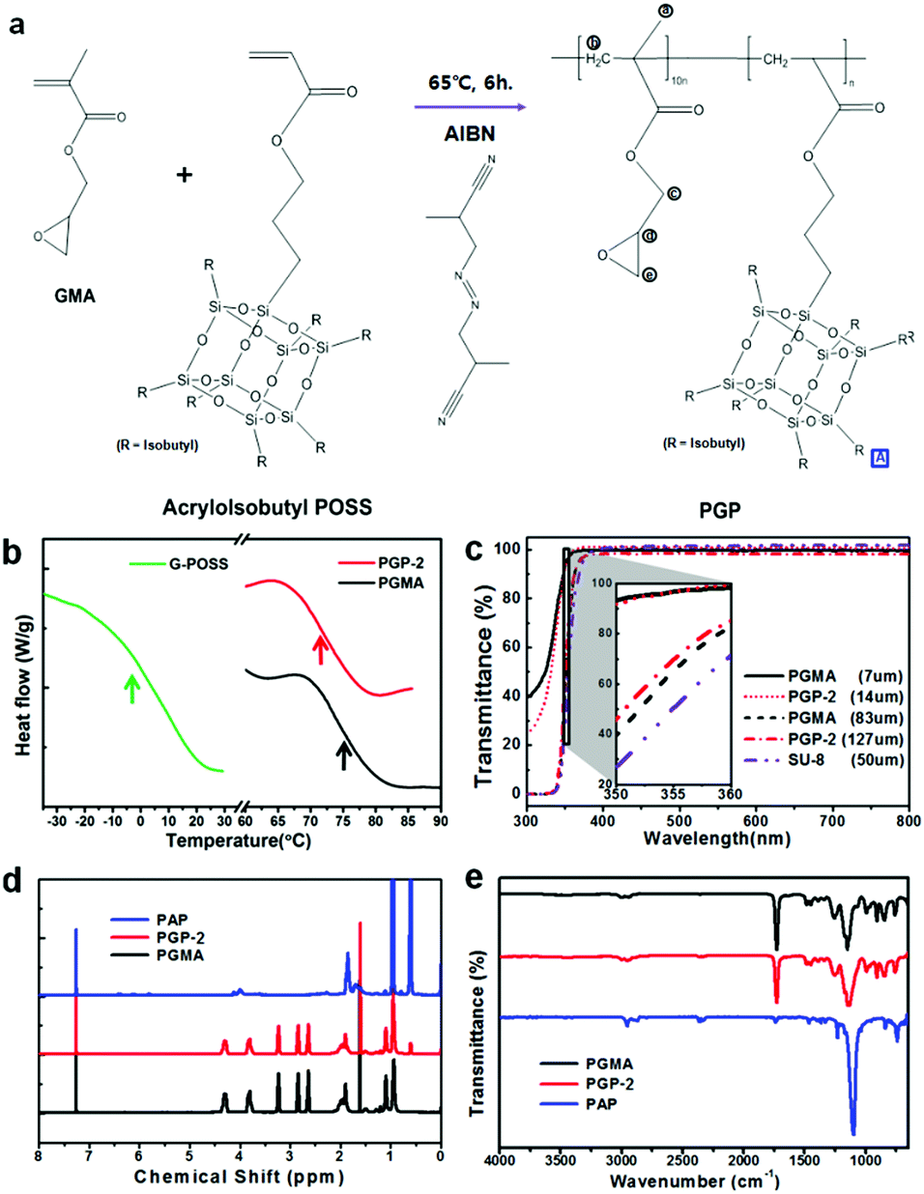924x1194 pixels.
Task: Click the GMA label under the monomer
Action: tap(74, 297)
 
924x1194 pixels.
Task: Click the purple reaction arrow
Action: tap(470, 106)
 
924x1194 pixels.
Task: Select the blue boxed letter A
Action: tap(880, 458)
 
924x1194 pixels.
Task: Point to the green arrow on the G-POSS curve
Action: tap(132, 688)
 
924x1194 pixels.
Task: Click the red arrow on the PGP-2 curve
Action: tap(320, 649)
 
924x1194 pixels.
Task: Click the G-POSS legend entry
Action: tap(198, 563)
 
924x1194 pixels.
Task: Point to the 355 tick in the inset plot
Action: tap(673, 794)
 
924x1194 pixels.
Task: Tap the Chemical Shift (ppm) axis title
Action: tap(239, 1177)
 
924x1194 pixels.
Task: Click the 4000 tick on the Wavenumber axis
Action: tap(499, 1159)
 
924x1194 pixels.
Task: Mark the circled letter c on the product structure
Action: tap(674, 192)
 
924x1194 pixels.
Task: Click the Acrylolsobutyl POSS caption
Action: tap(267, 506)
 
